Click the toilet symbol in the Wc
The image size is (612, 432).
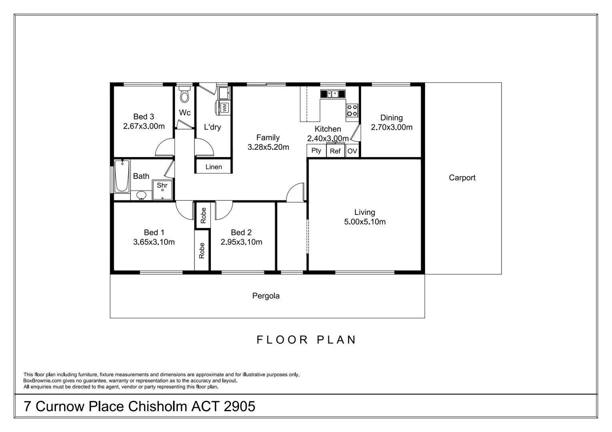(185, 95)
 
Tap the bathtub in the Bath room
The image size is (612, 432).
(122, 176)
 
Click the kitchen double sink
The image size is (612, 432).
(333, 94)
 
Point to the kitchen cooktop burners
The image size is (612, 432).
(352, 110)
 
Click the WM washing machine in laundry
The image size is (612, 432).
(224, 107)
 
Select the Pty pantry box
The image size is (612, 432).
(316, 151)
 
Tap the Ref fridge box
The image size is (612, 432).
(335, 151)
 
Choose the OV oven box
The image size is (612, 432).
(352, 151)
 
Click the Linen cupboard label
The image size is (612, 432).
(213, 167)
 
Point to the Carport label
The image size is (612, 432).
(462, 178)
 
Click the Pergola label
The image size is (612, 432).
(266, 296)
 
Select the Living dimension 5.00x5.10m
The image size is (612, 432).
(365, 222)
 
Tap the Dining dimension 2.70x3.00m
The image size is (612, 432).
(391, 127)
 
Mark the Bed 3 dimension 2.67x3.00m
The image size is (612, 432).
(144, 126)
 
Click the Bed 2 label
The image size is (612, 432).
(241, 232)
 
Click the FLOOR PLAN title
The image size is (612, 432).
(306, 340)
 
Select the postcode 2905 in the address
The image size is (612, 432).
(239, 406)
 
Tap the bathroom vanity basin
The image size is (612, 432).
(141, 195)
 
